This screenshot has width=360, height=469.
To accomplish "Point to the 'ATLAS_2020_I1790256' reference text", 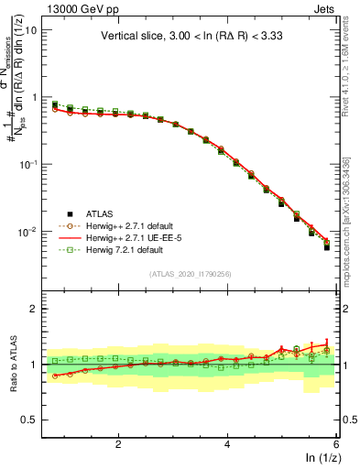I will tap(190, 274).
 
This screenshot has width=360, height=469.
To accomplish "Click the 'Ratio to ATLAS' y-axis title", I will tap(12, 365).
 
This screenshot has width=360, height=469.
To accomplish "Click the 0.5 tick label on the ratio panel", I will tap(27, 420).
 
